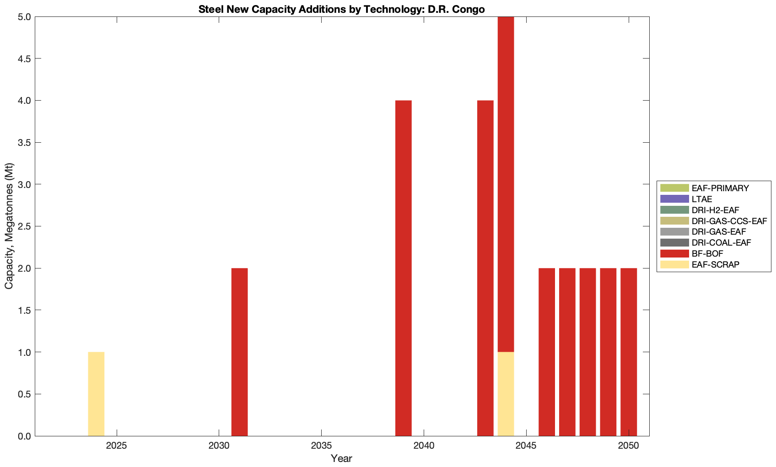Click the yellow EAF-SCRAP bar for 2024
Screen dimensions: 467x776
96,394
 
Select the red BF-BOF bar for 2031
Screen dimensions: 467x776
239,352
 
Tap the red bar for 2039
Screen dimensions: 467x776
403,268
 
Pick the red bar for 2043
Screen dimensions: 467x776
485,268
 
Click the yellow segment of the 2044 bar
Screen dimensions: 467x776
506,394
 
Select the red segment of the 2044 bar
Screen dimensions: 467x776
506,184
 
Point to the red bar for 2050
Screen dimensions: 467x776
629,352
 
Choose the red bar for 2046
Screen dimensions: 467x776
547,352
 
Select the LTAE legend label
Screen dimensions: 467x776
702,199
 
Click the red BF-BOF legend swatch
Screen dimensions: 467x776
674,253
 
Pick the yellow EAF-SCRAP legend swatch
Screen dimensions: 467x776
674,264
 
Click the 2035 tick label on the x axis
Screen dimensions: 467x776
321,446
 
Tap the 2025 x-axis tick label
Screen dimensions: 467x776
117,446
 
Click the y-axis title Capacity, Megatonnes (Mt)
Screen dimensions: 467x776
9,226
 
